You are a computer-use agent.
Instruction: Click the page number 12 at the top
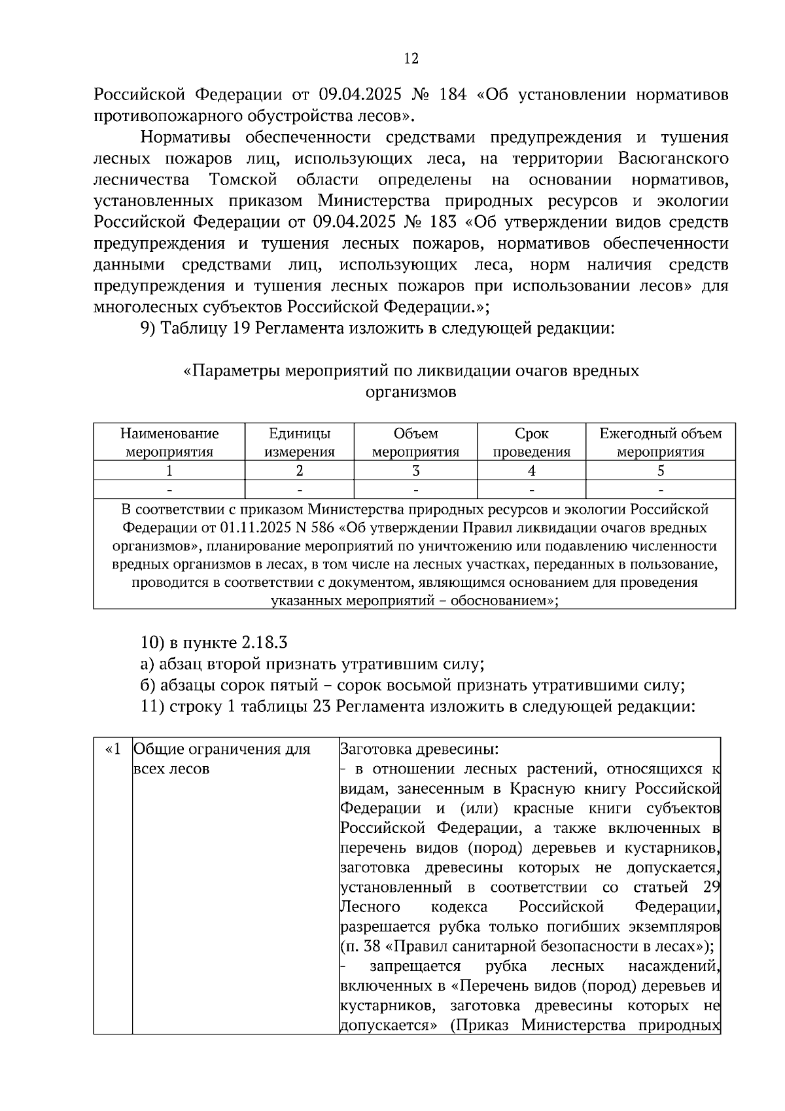[x=411, y=59]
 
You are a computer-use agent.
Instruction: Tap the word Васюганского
[x=673, y=158]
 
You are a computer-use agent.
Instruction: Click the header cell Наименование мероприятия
[x=169, y=442]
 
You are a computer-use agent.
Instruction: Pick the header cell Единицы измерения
[x=299, y=442]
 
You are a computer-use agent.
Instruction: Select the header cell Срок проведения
[x=531, y=442]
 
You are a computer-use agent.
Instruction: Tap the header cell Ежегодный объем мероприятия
[x=660, y=442]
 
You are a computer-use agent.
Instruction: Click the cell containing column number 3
[x=415, y=470]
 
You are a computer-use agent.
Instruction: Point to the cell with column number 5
[x=660, y=470]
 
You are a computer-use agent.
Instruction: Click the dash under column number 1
[x=169, y=489]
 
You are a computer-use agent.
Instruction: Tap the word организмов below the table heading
[x=410, y=393]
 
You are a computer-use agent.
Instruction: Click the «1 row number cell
[x=113, y=749]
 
